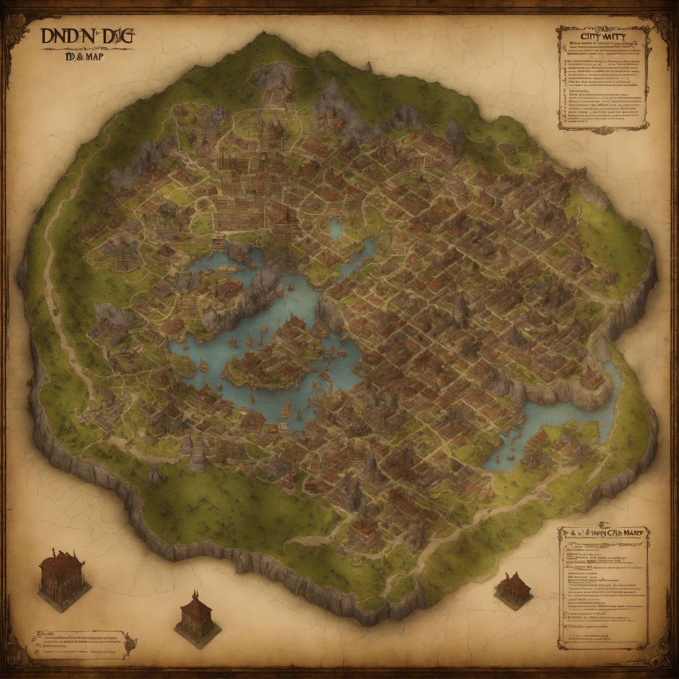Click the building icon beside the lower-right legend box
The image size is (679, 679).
[x=511, y=587]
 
